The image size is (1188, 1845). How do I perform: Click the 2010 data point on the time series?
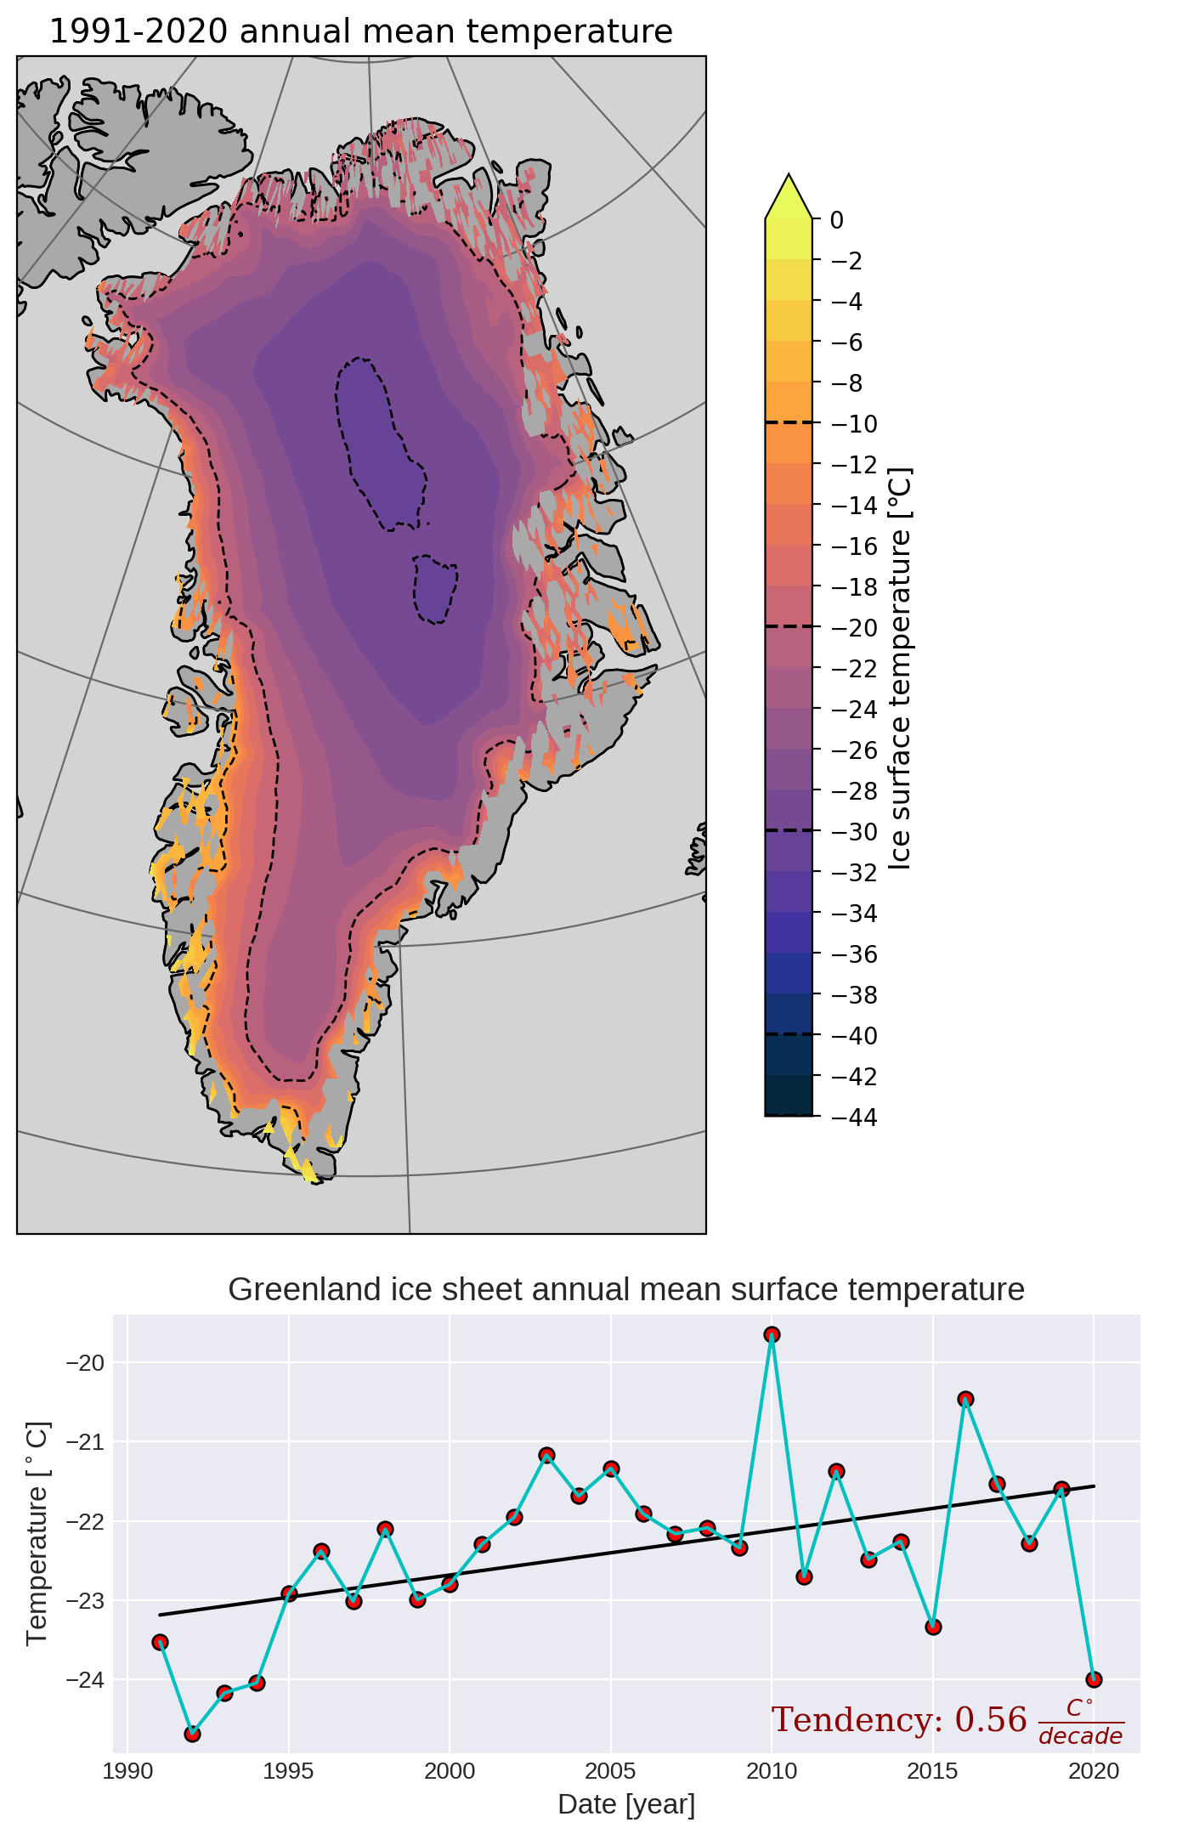click(772, 1334)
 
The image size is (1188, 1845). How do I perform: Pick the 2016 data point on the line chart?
click(965, 1399)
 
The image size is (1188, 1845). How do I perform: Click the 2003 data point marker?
click(546, 1455)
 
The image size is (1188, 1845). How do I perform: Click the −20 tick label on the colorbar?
click(853, 628)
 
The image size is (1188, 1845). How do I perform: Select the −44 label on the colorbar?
click(853, 1117)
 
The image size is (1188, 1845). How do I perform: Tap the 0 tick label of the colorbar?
click(837, 220)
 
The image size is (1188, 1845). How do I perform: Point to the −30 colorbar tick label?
click(853, 832)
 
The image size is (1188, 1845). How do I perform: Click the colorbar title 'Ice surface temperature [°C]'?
click(900, 668)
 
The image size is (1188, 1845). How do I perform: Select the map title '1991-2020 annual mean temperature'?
click(361, 31)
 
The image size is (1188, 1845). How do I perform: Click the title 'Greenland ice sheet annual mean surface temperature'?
click(626, 1289)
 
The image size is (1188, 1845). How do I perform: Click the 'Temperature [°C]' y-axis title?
click(38, 1533)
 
